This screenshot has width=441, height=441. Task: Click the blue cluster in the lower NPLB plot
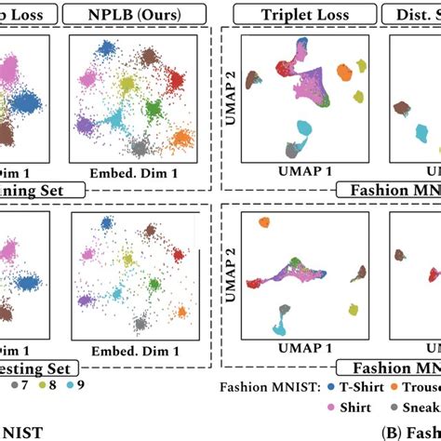click(x=100, y=226)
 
